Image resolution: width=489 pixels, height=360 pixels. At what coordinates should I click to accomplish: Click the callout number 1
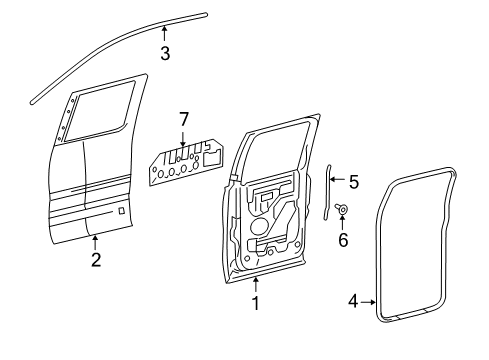click(x=256, y=303)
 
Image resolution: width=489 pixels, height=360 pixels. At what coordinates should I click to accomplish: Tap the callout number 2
click(x=96, y=259)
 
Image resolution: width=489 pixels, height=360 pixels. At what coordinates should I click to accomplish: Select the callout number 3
click(x=165, y=53)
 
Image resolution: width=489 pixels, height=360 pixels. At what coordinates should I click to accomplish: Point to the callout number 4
click(x=353, y=301)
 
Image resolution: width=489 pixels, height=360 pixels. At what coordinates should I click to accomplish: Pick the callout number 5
click(x=354, y=182)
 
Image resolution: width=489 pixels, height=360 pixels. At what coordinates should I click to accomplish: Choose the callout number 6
click(x=343, y=240)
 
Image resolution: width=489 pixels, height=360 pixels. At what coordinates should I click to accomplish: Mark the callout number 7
click(x=184, y=119)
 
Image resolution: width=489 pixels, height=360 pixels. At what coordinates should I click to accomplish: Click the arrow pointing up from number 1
click(x=256, y=285)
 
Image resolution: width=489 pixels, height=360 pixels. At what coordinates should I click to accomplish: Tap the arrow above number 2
click(x=95, y=242)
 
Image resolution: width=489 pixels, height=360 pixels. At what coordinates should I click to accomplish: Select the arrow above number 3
click(x=164, y=34)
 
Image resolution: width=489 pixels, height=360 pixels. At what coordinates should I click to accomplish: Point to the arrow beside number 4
click(x=368, y=302)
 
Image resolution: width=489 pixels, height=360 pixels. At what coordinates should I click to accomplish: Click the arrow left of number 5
click(x=338, y=179)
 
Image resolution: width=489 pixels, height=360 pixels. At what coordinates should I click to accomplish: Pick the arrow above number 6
click(x=342, y=223)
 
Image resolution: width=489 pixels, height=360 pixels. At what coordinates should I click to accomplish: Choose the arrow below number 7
click(x=183, y=139)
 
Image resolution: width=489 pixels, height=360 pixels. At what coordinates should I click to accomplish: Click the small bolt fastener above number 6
click(x=341, y=209)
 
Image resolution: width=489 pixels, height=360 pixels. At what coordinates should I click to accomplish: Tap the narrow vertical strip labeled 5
click(x=327, y=192)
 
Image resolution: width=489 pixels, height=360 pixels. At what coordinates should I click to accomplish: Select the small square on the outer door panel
click(x=122, y=211)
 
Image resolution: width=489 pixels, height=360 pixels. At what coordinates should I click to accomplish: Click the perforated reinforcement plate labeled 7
click(x=187, y=161)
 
